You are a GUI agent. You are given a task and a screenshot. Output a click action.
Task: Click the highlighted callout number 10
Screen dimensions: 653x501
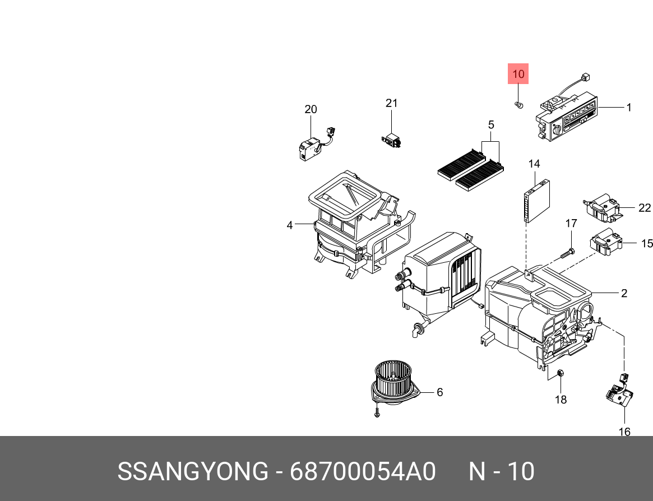click(x=518, y=74)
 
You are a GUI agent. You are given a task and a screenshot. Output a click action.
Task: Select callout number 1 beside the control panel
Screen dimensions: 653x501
click(x=628, y=107)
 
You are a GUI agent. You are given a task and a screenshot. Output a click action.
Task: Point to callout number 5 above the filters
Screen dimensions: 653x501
click(x=490, y=124)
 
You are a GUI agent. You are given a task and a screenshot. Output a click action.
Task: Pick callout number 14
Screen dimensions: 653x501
click(x=534, y=164)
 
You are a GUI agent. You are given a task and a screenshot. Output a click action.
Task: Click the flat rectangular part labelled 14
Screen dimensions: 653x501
click(x=536, y=198)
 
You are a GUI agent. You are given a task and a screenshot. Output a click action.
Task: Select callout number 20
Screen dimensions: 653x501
click(x=311, y=109)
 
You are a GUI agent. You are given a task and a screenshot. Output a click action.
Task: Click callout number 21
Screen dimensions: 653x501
click(x=391, y=103)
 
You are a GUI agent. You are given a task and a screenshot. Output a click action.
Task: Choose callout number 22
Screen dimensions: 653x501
click(x=645, y=208)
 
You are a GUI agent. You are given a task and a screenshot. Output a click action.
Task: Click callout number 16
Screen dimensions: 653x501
click(x=624, y=432)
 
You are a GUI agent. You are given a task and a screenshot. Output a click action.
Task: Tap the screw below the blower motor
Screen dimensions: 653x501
click(x=377, y=414)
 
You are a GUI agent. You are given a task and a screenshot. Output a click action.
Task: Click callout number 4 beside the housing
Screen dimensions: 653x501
click(x=290, y=225)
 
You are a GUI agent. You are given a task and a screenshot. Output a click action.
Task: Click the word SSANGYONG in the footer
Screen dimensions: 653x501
click(x=192, y=472)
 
